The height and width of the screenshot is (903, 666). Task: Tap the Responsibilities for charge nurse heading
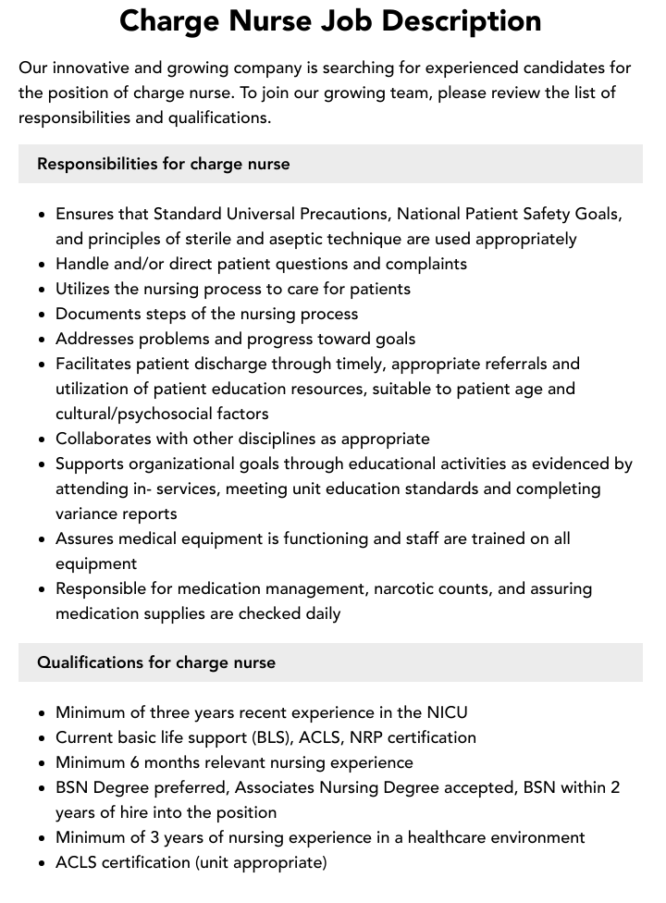[164, 164]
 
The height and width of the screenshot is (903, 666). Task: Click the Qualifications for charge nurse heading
[156, 662]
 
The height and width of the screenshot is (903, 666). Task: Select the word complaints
[423, 264]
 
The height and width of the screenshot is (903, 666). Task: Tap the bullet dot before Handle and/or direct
[43, 265]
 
